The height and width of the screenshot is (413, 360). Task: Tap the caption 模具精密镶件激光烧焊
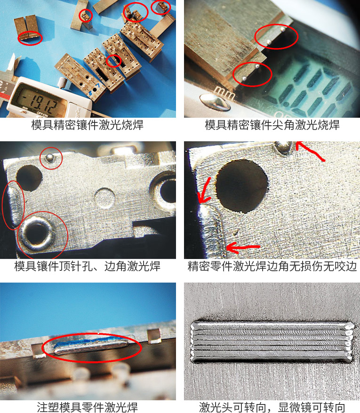tap(88, 125)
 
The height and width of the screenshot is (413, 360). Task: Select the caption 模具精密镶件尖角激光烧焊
tap(272, 125)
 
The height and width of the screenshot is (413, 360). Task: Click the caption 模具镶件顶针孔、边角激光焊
tap(88, 266)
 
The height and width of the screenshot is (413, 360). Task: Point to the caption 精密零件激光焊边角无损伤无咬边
tap(272, 266)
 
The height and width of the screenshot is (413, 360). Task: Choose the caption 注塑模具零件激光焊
tap(88, 407)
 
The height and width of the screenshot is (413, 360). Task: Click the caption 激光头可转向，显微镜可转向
tap(272, 407)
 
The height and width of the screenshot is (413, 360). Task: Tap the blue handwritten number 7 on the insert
tap(97, 86)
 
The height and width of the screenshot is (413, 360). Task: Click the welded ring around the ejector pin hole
tap(36, 234)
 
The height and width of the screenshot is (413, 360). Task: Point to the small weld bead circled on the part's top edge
tap(49, 157)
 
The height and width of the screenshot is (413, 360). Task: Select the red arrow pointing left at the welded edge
tap(243, 248)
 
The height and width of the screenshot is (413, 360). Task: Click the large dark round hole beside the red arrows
tap(242, 186)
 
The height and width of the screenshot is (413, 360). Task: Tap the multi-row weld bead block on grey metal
tap(272, 341)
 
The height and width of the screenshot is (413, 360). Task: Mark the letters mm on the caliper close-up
tap(224, 93)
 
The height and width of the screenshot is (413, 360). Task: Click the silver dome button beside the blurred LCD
tap(215, 102)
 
